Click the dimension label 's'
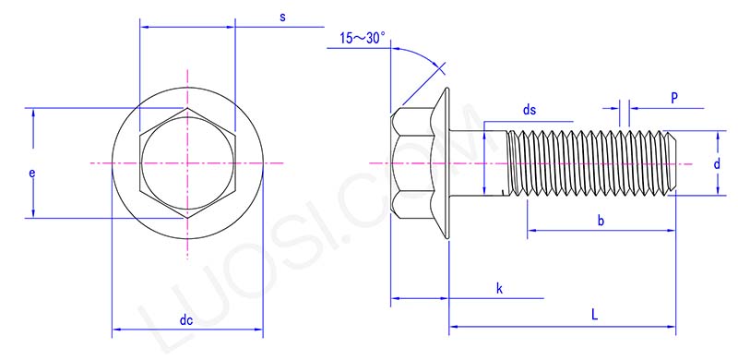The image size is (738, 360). [282, 18]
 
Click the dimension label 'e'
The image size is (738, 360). [32, 173]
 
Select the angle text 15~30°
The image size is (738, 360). [363, 39]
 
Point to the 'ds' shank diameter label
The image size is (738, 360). [530, 110]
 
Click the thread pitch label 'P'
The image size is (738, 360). [674, 97]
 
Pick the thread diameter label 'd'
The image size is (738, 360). [717, 163]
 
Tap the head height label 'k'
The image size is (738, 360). [499, 289]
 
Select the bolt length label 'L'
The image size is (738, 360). [595, 315]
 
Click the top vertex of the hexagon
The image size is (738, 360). [187, 108]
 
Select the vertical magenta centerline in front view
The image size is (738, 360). [187, 240]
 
